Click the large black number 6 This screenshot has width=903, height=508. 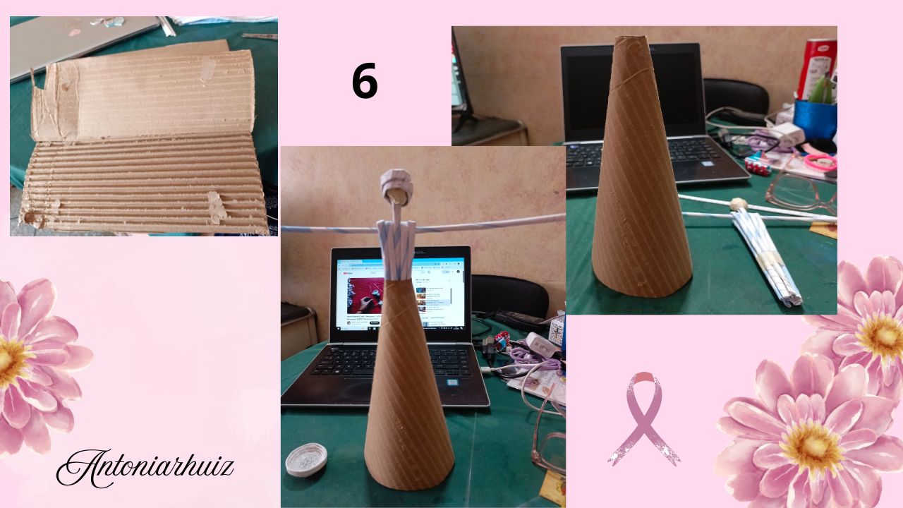[x=365, y=82]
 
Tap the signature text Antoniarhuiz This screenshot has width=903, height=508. [x=145, y=468]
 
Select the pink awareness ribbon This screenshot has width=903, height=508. [x=644, y=418]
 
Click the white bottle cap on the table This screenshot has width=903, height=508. [x=306, y=459]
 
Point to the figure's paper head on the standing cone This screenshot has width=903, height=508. [x=396, y=186]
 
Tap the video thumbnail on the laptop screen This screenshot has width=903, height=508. [x=366, y=294]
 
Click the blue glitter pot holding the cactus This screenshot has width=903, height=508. [x=815, y=119]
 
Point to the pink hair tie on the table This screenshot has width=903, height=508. [x=820, y=162]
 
